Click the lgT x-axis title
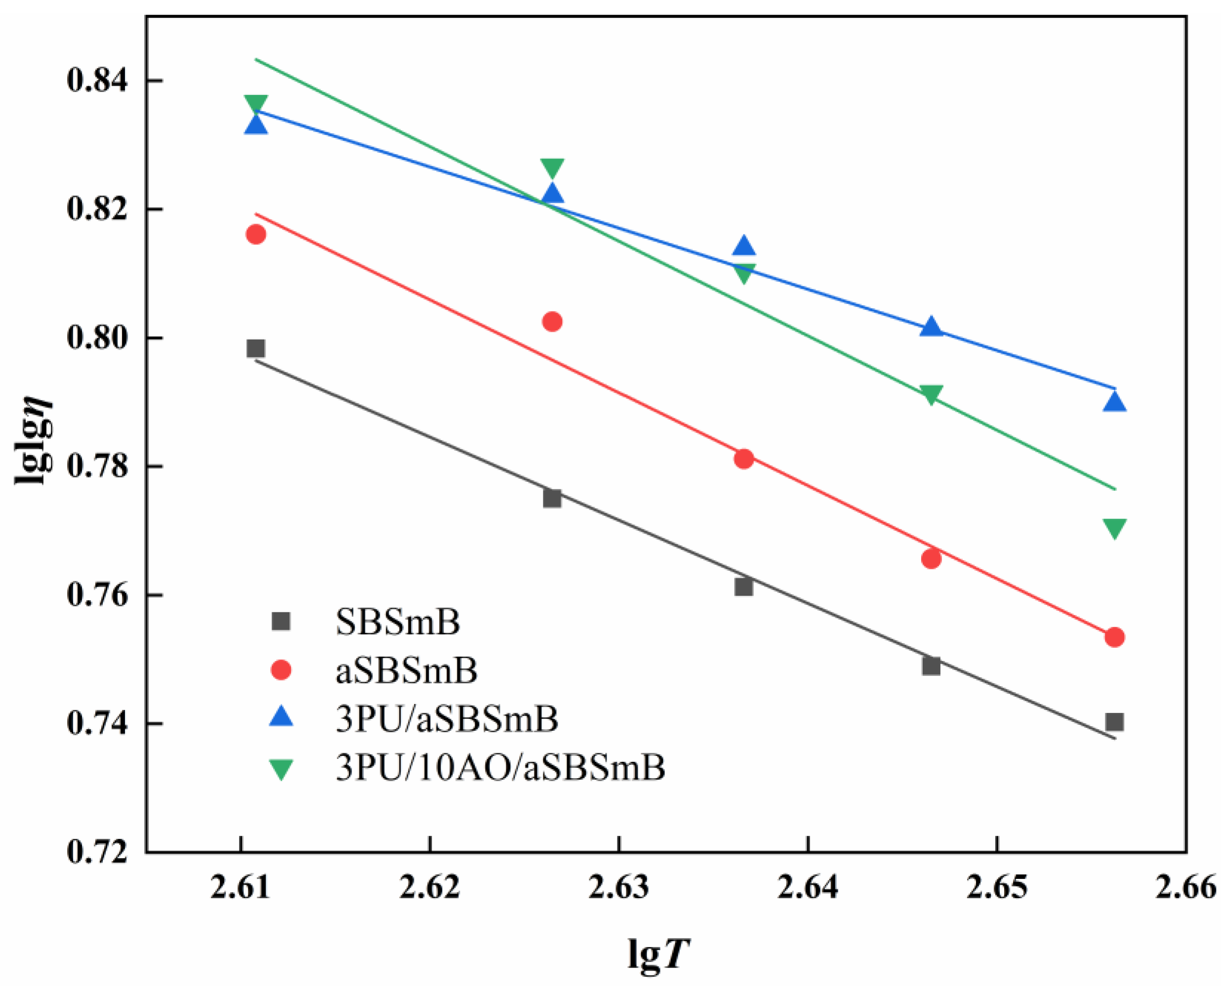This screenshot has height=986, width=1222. pos(659,952)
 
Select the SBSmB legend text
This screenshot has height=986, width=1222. pos(398,623)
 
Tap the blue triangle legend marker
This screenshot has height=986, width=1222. pos(281,717)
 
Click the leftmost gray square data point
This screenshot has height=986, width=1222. pos(256,348)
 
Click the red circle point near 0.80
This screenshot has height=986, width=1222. pos(552,322)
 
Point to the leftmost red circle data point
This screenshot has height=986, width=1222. pos(256,235)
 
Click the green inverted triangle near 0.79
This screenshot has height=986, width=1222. pos(931,394)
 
